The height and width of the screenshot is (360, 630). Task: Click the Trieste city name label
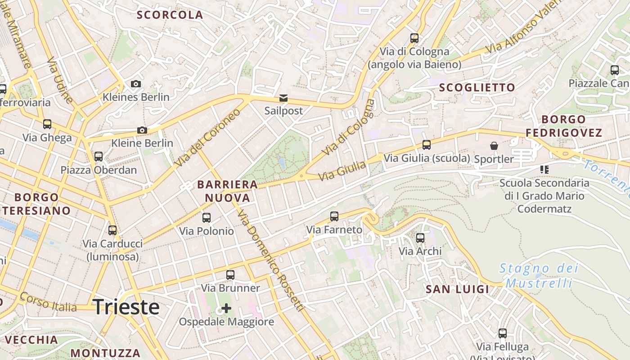point(126,307)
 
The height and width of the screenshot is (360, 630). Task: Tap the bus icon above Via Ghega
point(47,124)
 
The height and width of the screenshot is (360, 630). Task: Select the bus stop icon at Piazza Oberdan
point(99,157)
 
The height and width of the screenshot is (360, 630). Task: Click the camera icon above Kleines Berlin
point(135,84)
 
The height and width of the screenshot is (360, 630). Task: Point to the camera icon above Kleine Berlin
point(142,130)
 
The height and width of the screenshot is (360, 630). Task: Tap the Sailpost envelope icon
point(283,98)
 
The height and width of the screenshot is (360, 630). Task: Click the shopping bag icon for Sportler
point(494,146)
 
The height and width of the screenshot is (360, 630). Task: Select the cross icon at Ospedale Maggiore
point(226,308)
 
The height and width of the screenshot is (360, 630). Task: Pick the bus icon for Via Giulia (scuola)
point(427,145)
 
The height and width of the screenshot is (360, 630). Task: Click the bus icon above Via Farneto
point(334,216)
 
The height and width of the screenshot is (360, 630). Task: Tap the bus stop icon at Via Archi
point(420,238)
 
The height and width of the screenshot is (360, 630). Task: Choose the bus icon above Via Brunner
point(230,274)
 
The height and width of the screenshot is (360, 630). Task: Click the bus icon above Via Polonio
point(207,218)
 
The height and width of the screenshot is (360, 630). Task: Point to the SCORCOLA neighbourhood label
point(170,15)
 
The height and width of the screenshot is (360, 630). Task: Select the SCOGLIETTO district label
point(477,88)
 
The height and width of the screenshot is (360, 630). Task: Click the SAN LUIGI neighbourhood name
point(457,289)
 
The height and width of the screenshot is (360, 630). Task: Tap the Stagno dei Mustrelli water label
point(539,276)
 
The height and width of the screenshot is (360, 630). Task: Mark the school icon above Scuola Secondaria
point(544,170)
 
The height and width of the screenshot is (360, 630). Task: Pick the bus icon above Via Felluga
point(503,333)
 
